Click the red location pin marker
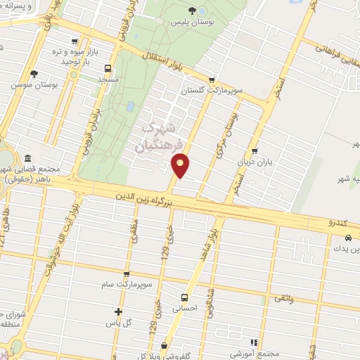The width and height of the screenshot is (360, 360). click(x=181, y=165)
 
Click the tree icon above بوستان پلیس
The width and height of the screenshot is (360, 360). click(x=193, y=10)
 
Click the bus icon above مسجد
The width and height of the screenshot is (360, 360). click(x=107, y=68)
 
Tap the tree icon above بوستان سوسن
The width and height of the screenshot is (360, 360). click(x=32, y=73)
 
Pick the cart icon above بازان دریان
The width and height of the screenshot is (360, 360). click(x=255, y=150)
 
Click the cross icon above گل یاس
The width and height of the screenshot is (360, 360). click(x=118, y=311)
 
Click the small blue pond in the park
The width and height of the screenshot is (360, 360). click(x=130, y=107)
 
